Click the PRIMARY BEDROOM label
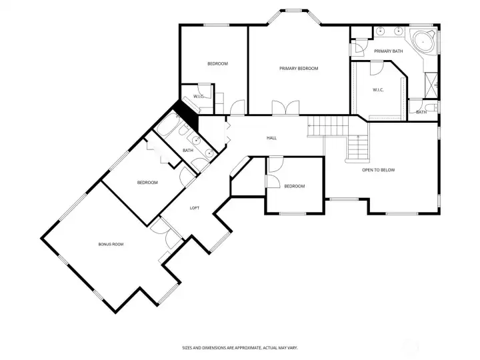coord(298,69)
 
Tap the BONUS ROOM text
coord(111,245)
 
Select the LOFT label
coord(195,208)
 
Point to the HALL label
coord(271,138)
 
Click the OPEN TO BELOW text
coord(378,170)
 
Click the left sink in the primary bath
coord(381,31)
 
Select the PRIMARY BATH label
coord(388,51)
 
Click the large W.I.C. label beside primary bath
coord(378,90)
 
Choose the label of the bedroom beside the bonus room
coord(147,183)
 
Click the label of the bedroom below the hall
coord(294,187)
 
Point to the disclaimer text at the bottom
coord(239,347)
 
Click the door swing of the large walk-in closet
coord(376,67)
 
